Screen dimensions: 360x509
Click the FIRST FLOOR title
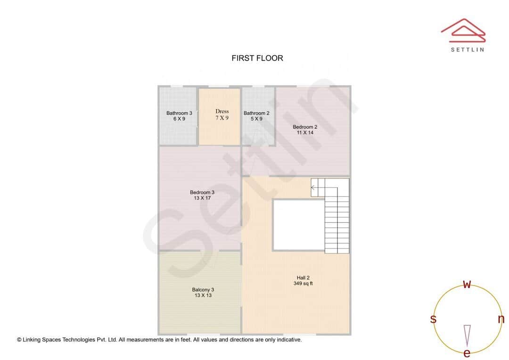[257, 58]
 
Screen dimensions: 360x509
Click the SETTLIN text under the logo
[467, 49]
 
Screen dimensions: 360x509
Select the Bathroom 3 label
[179, 113]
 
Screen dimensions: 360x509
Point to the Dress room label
[222, 111]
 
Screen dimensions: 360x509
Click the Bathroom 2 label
[256, 113]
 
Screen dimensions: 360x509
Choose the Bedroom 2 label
[305, 127]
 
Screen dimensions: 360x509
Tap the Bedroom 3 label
[202, 192]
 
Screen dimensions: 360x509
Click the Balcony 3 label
[203, 290]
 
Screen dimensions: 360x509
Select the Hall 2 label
[303, 278]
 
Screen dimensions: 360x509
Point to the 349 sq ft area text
[303, 284]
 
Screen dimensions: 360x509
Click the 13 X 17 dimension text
[202, 198]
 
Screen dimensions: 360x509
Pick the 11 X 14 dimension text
[305, 133]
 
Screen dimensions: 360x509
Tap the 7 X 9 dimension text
[222, 118]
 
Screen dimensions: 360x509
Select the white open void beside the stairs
[298, 224]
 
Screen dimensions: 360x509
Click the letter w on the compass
[467, 284]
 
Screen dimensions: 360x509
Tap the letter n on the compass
[501, 319]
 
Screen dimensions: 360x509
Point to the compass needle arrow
[467, 335]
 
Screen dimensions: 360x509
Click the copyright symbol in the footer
[19, 339]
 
